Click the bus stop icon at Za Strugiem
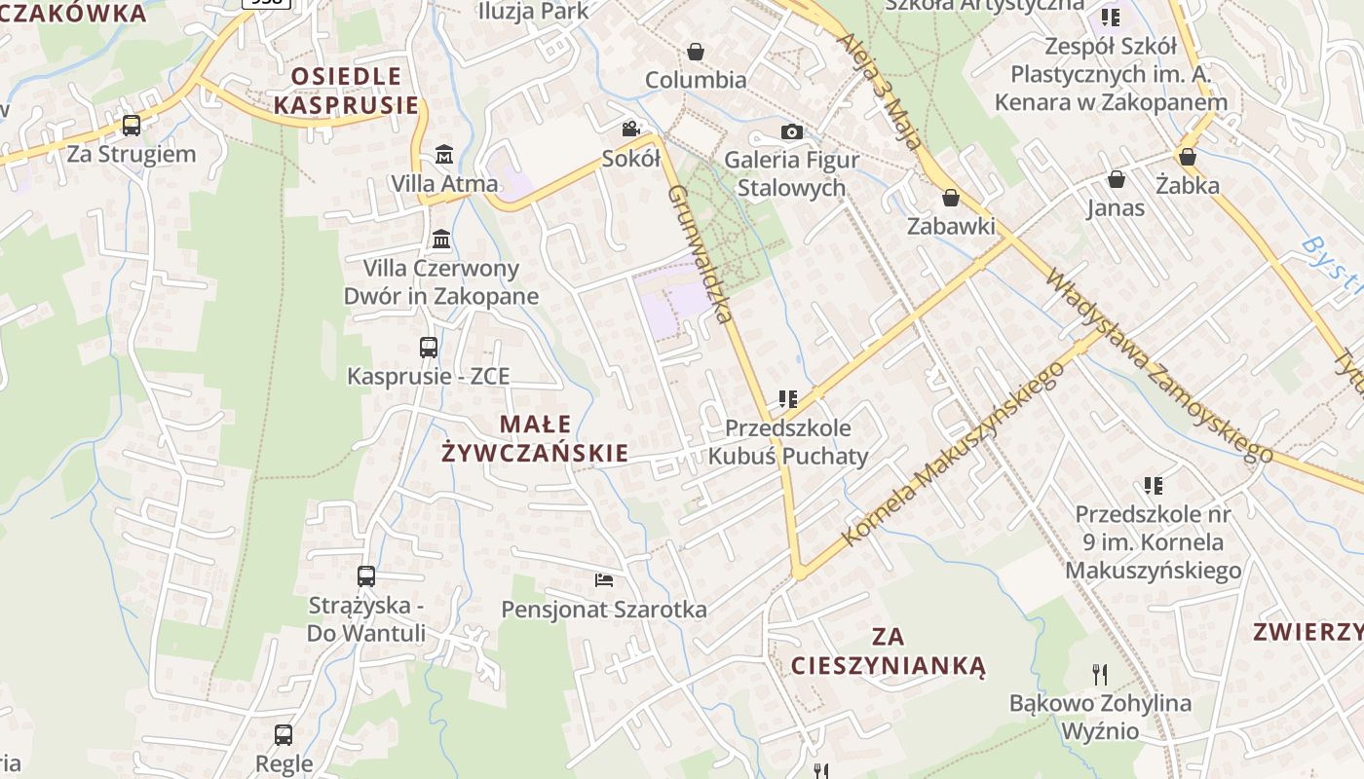[132, 126]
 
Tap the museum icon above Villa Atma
[444, 154]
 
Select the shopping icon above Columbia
[696, 52]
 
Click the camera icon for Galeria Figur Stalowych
[791, 131]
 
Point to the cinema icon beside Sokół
[630, 130]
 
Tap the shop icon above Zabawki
[951, 198]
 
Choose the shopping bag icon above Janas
[1117, 179]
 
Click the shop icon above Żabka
[1187, 156]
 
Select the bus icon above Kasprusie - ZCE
[428, 347]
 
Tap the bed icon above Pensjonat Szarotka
[604, 580]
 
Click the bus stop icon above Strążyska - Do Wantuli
[366, 575]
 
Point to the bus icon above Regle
[284, 734]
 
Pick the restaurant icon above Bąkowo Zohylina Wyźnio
[1100, 674]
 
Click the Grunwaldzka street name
[700, 254]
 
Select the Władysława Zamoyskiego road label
[1159, 366]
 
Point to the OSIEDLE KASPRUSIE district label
[346, 91]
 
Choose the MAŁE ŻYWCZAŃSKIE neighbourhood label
[535, 438]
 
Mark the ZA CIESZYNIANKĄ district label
[888, 651]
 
